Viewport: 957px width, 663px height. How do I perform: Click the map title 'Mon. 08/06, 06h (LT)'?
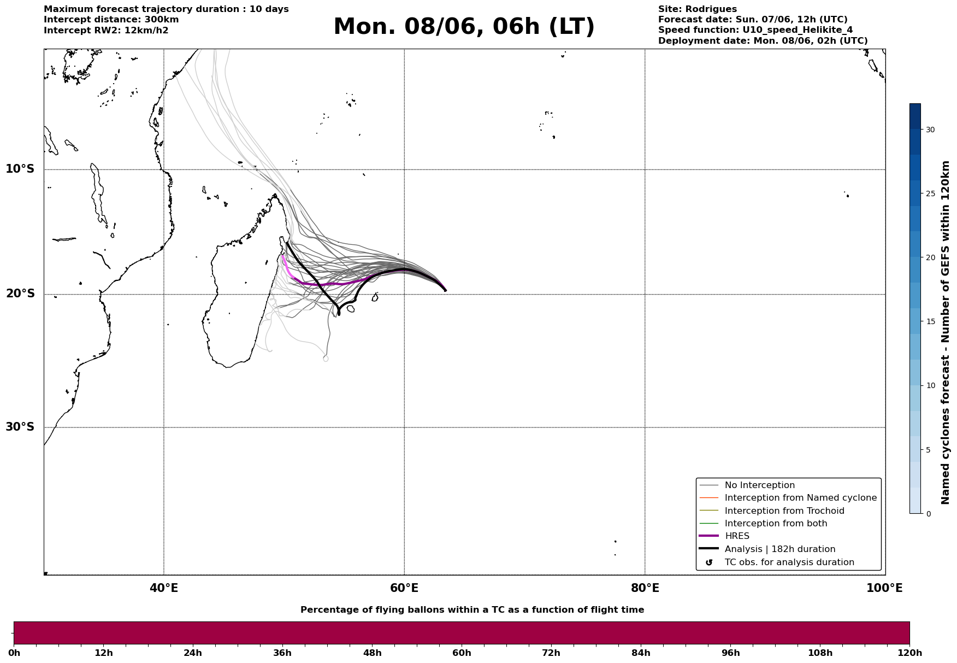click(464, 27)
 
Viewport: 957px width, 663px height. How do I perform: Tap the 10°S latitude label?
click(20, 169)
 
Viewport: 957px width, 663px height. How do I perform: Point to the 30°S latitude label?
click(20, 427)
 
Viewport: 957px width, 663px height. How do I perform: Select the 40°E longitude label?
click(164, 588)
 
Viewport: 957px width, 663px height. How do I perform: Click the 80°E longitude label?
click(645, 588)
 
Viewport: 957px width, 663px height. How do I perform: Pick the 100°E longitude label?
click(884, 588)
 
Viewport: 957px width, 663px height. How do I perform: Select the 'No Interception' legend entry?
click(747, 485)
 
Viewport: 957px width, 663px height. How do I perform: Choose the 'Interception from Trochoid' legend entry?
click(771, 511)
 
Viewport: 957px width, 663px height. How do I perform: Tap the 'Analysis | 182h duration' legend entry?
click(767, 549)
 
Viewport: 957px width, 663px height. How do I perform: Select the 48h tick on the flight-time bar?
click(373, 653)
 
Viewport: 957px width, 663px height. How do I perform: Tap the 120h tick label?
click(909, 653)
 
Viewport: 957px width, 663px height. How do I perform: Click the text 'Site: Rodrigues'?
click(698, 9)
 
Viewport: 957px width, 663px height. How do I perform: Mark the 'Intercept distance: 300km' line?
click(111, 20)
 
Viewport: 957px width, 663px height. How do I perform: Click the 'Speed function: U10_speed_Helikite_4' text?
click(755, 30)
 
